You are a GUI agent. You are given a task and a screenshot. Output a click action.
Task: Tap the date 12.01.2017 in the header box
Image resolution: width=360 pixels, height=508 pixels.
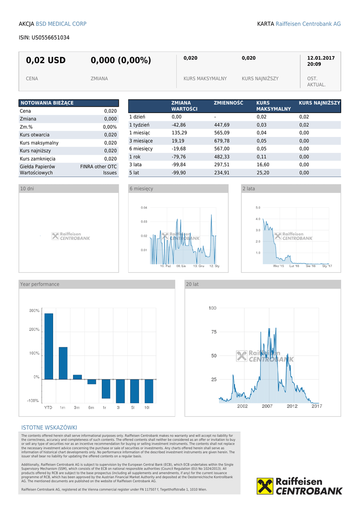coord(321,58)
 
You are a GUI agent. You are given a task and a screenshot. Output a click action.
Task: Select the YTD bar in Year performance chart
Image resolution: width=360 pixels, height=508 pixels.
coord(49,346)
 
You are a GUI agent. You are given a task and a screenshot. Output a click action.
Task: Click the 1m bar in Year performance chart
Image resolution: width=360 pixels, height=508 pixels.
coord(63,363)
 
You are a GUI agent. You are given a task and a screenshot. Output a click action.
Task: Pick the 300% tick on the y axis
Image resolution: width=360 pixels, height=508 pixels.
coord(34,311)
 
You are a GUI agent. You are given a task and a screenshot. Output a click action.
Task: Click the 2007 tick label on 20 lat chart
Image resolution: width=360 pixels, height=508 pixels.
coord(267,406)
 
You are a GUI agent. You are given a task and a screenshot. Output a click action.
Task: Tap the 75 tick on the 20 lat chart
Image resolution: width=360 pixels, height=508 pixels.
coord(213,332)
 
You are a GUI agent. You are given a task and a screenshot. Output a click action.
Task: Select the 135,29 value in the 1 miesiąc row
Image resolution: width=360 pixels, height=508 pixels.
coord(179,133)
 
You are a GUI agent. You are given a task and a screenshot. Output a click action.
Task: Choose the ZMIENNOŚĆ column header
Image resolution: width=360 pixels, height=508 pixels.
coord(228,103)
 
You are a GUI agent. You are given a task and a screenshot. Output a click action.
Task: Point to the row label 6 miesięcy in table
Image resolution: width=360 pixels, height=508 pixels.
coord(141,149)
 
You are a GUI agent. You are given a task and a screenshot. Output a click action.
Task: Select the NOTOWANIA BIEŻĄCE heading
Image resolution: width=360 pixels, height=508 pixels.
coord(47,103)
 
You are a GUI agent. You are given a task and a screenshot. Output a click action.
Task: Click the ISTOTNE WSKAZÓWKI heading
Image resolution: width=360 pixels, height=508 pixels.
coord(49,428)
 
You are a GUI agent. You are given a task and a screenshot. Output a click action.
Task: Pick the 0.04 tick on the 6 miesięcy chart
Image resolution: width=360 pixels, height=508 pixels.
coord(144,207)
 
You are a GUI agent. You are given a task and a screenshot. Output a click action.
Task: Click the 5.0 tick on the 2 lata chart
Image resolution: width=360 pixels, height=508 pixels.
coord(258,207)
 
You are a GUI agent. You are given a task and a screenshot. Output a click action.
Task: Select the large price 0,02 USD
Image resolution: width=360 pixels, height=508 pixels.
coord(46,61)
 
